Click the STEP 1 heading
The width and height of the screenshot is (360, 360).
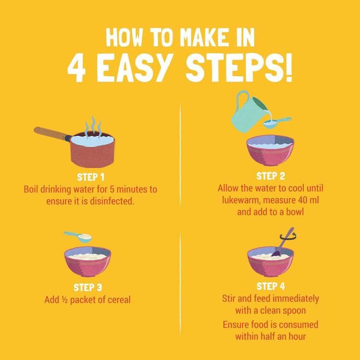[x=91, y=177]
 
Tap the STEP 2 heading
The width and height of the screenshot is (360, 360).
[x=271, y=176]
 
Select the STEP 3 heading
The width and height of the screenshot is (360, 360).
[x=88, y=288]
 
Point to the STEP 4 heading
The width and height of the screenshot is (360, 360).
[x=271, y=286]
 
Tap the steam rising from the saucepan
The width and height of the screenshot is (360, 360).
[x=93, y=127]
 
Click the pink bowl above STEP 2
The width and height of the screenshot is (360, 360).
[x=270, y=150]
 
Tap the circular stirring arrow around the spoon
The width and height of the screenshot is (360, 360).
[x=288, y=237]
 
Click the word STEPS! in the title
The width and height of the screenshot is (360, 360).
[x=239, y=68]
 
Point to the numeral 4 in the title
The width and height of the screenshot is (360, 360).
[x=76, y=68]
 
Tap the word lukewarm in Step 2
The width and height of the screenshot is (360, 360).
[x=241, y=201]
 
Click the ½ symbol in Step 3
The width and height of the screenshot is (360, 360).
[x=64, y=300]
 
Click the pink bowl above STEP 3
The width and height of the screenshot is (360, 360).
[x=87, y=261]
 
